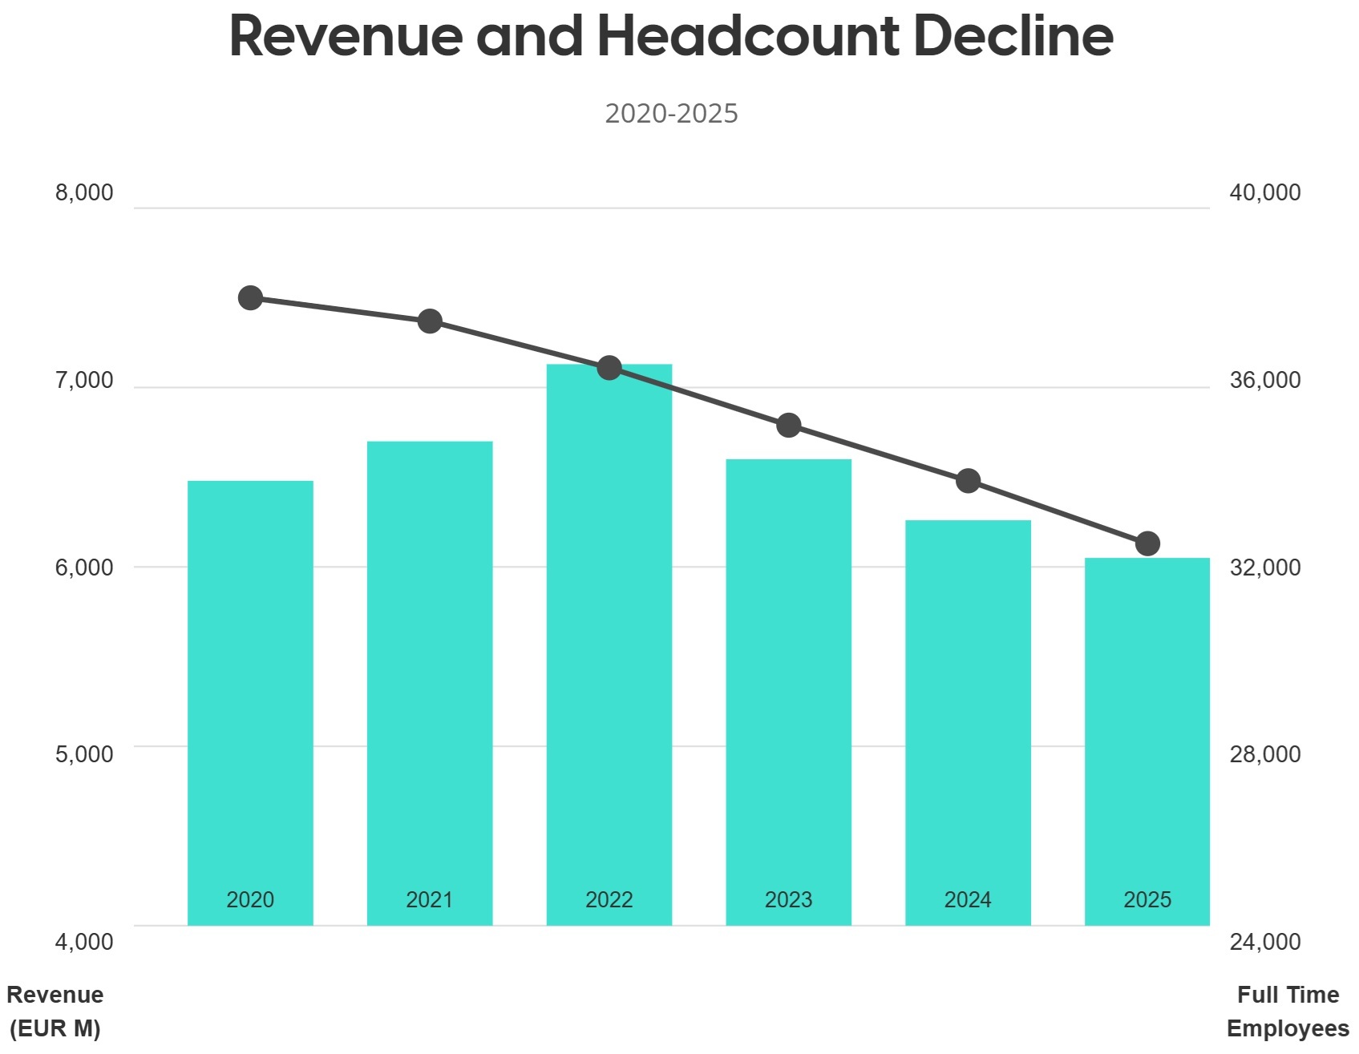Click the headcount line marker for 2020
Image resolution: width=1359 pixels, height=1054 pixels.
250,298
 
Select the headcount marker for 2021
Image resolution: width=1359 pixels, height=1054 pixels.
430,321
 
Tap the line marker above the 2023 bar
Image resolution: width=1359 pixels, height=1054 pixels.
789,426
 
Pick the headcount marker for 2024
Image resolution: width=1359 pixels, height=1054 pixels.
969,482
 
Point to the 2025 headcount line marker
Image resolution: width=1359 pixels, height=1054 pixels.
1148,544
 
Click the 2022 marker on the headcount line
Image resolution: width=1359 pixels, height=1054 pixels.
609,369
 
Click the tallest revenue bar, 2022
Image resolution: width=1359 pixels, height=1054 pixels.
609,641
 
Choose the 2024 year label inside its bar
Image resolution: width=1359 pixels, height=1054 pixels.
968,900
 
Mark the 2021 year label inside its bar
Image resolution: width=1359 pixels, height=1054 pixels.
429,900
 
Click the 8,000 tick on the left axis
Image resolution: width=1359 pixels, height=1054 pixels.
84,193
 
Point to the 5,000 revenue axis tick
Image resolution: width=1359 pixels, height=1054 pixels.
84,754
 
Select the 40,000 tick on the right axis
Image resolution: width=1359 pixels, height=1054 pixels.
1265,193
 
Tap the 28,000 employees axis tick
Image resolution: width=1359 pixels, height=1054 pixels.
1265,754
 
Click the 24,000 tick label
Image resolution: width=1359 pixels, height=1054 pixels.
1265,942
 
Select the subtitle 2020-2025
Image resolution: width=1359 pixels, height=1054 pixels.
671,114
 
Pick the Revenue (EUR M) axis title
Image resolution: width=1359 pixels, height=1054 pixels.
55,1012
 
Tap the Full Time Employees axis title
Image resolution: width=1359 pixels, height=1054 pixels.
1288,1012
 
